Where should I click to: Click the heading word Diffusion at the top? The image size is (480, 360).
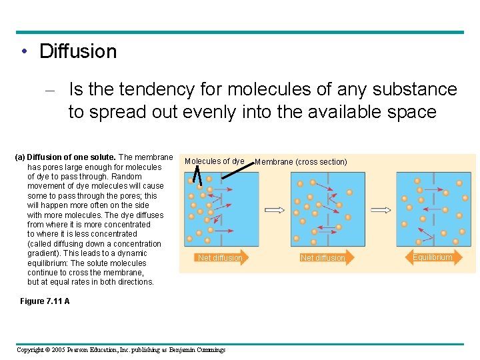[x=78, y=51]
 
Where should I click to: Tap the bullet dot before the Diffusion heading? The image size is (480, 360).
[x=24, y=52]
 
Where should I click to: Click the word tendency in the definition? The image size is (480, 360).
[x=139, y=89]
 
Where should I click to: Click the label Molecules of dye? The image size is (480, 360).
[x=214, y=161]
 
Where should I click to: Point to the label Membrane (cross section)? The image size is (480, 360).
[x=301, y=162]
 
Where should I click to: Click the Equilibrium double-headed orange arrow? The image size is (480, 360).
[x=432, y=257]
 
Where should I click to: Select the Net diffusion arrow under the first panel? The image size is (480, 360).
[x=220, y=258]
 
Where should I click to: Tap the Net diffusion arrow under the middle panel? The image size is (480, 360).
[x=323, y=258]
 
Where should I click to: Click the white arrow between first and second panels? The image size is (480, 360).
[x=275, y=209]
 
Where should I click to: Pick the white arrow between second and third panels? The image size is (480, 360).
[x=380, y=209]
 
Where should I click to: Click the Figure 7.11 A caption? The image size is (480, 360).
[x=45, y=301]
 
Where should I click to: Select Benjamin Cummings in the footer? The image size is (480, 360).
[x=197, y=350]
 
